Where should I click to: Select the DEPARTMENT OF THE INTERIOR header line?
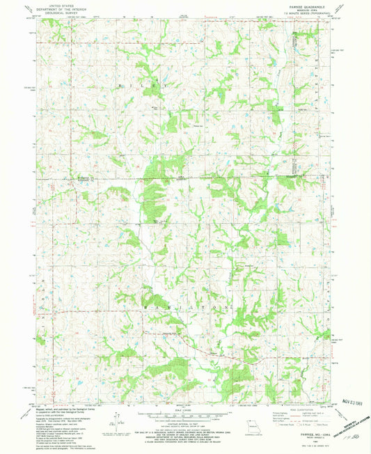coord(54,9)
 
